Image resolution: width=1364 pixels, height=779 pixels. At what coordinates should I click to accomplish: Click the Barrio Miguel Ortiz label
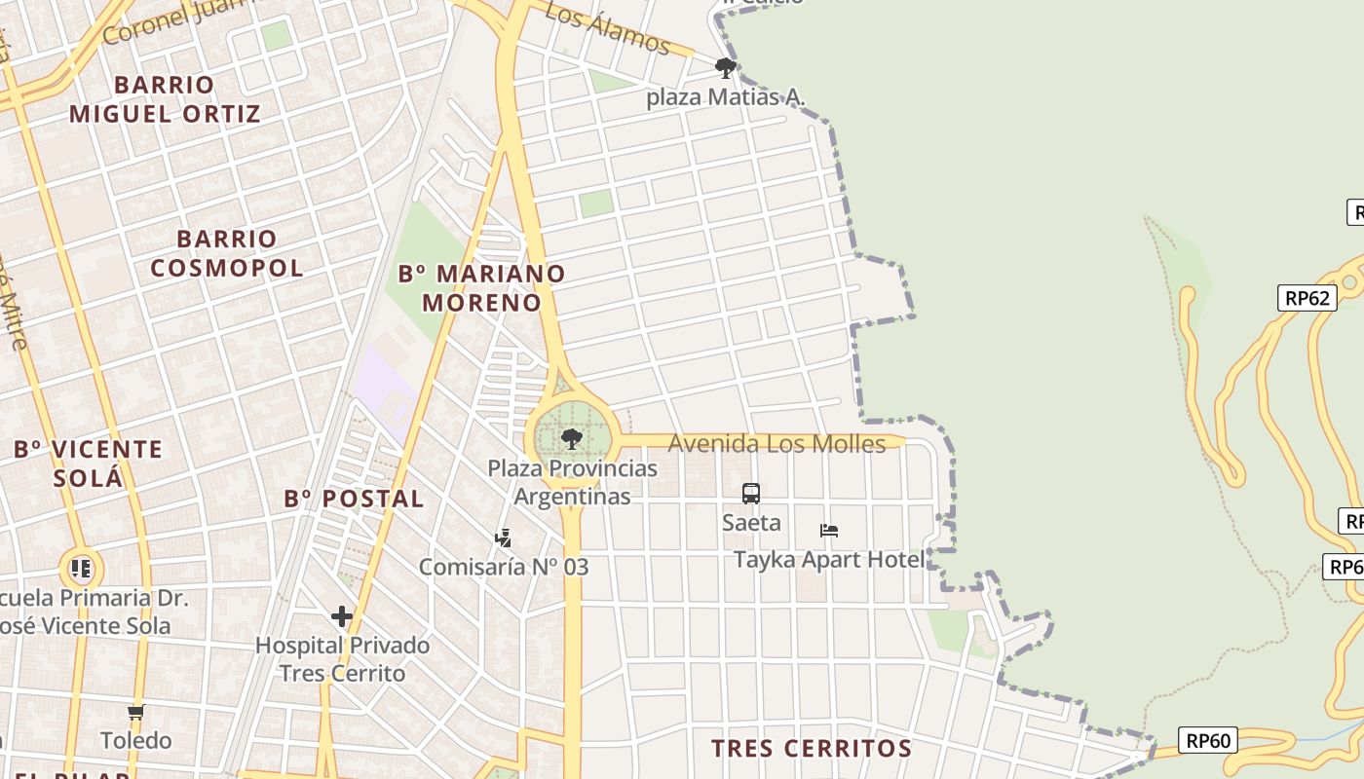(x=165, y=99)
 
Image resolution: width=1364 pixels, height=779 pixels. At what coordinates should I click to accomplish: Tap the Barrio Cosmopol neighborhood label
(x=227, y=253)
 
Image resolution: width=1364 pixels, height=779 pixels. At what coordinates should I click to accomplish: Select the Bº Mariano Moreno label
(x=481, y=287)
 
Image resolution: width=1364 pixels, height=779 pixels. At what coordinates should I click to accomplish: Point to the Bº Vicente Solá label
(x=88, y=464)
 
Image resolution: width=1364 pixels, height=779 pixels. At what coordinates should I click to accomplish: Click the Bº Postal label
(x=354, y=500)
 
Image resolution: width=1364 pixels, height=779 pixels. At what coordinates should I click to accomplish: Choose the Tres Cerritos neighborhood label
(x=811, y=749)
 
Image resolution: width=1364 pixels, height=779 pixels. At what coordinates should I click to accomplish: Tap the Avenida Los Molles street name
(x=777, y=444)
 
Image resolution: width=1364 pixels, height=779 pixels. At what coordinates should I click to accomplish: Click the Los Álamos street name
(x=607, y=27)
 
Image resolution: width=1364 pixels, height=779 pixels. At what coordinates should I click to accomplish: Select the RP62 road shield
(x=1307, y=298)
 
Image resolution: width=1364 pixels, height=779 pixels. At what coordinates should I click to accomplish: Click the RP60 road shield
(x=1207, y=741)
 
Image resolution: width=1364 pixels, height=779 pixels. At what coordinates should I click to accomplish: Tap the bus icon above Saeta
(x=751, y=494)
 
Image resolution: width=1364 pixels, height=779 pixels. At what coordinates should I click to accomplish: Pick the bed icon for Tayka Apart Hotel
(x=829, y=531)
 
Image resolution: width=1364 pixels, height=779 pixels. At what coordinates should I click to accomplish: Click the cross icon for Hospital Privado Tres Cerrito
(x=342, y=616)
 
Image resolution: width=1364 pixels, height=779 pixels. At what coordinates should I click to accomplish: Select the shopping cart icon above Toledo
(x=136, y=713)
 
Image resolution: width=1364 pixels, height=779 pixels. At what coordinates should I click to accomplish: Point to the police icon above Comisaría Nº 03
(x=504, y=538)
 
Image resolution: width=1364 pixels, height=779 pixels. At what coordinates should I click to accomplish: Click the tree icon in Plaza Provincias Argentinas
(x=572, y=438)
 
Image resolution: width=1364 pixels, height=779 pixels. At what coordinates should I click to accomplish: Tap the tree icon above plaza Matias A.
(x=725, y=68)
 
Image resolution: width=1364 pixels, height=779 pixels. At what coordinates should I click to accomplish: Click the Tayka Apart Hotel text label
(x=828, y=560)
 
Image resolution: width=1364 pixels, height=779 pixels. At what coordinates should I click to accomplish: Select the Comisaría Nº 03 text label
(x=504, y=567)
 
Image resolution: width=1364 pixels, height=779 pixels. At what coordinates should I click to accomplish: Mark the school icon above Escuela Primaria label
(x=81, y=568)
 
